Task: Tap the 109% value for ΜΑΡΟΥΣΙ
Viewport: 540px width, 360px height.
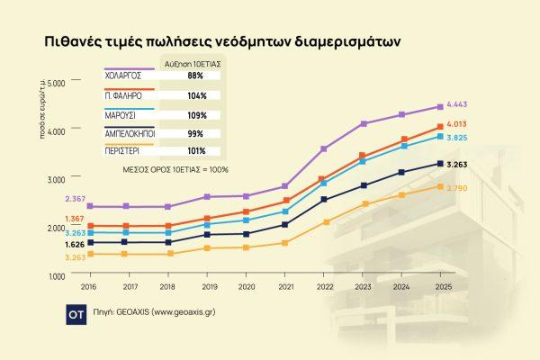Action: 197,116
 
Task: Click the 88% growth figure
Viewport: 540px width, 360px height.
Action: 196,76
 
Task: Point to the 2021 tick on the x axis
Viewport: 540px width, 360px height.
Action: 284,286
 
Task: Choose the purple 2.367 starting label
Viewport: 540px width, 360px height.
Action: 76,198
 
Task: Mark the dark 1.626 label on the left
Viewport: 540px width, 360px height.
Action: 76,245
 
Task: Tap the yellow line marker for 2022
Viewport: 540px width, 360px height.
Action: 325,221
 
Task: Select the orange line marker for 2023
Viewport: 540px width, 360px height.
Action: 364,156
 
